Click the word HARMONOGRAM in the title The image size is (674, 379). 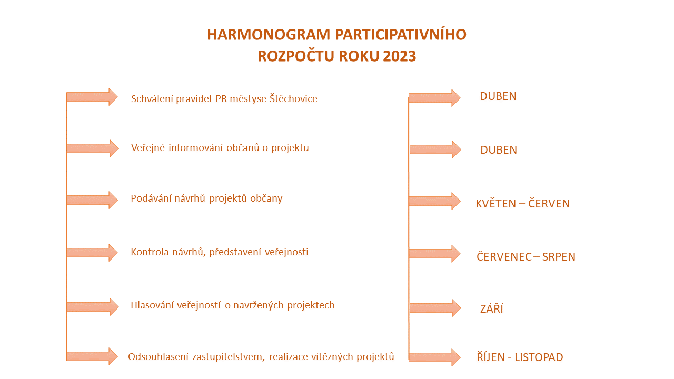(269, 35)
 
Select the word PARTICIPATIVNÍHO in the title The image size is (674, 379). (401, 34)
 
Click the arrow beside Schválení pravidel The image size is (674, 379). (92, 97)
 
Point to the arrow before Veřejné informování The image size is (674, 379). (93, 148)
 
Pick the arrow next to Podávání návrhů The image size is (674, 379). (92, 200)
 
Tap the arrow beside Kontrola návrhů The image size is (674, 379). (92, 253)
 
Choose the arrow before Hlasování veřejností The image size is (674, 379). (93, 307)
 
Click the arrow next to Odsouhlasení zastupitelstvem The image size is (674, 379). (92, 356)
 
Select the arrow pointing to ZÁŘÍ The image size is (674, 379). (435, 308)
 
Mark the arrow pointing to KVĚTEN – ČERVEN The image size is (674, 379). (435, 201)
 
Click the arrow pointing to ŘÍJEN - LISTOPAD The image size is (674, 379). (435, 357)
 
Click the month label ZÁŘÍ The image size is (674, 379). (492, 308)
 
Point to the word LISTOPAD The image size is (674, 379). (539, 357)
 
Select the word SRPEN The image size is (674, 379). (559, 257)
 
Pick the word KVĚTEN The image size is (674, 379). (496, 203)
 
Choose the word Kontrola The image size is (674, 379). (150, 252)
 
